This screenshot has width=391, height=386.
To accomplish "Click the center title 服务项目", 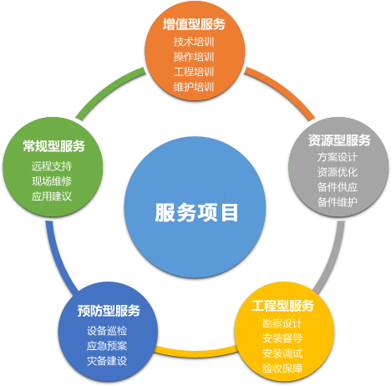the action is [x=196, y=212].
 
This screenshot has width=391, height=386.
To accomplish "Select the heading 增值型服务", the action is [x=194, y=24].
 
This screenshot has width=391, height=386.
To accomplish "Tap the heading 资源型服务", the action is [x=339, y=140].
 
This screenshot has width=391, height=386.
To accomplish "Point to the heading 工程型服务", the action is [x=282, y=306].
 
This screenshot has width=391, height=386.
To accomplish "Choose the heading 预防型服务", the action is [x=109, y=311].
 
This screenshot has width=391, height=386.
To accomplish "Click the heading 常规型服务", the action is [x=53, y=146].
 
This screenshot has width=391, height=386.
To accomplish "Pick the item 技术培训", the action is [x=194, y=42].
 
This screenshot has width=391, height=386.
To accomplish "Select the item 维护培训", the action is [x=194, y=87].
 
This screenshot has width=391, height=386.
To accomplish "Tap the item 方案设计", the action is [x=338, y=157].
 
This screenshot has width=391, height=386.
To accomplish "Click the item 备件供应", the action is [x=338, y=187].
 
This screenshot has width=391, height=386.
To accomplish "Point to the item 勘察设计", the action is [x=282, y=323].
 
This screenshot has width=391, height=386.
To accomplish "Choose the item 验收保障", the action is [x=282, y=368].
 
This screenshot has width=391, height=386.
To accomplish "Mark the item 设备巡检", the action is [x=107, y=331].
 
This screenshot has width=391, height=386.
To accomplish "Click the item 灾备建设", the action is [x=107, y=361].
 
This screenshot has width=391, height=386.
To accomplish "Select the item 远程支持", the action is [x=52, y=166].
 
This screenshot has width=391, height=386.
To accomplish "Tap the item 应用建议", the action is [x=52, y=196].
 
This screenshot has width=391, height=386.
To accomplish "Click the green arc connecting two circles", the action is [x=107, y=89].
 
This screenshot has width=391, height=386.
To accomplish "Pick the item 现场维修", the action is [x=52, y=181].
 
